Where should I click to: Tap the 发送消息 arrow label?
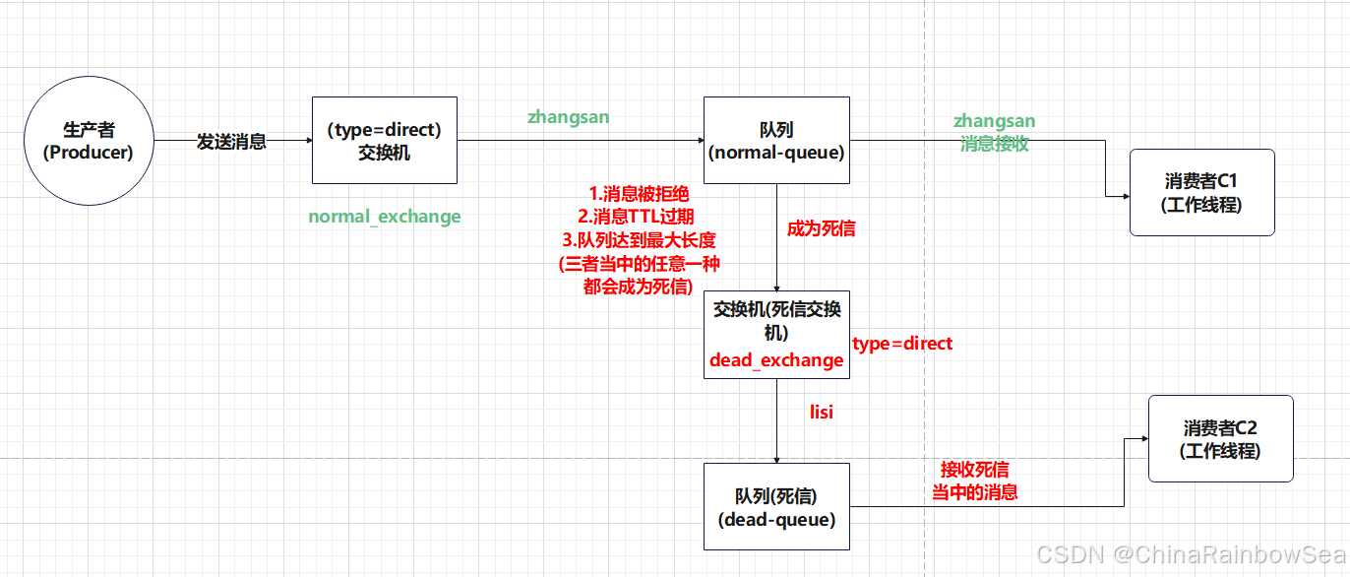pos(231,142)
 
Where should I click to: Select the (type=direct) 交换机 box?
pos(384,140)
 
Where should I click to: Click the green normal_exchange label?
pos(384,217)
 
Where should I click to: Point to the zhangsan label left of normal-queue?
pos(568,117)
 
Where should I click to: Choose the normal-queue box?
pos(776,140)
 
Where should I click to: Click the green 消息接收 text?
pos(995,143)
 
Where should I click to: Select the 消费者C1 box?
pos(1201,192)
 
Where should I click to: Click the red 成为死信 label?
pos(821,228)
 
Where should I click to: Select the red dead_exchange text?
pos(776,360)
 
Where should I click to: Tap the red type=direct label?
pos(902,344)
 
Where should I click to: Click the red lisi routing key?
pos(821,413)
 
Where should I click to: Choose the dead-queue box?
pos(776,506)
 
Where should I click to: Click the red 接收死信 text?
pos(974,470)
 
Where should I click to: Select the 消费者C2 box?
pos(1220,438)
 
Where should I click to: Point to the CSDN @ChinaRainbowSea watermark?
pos(1190,555)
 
